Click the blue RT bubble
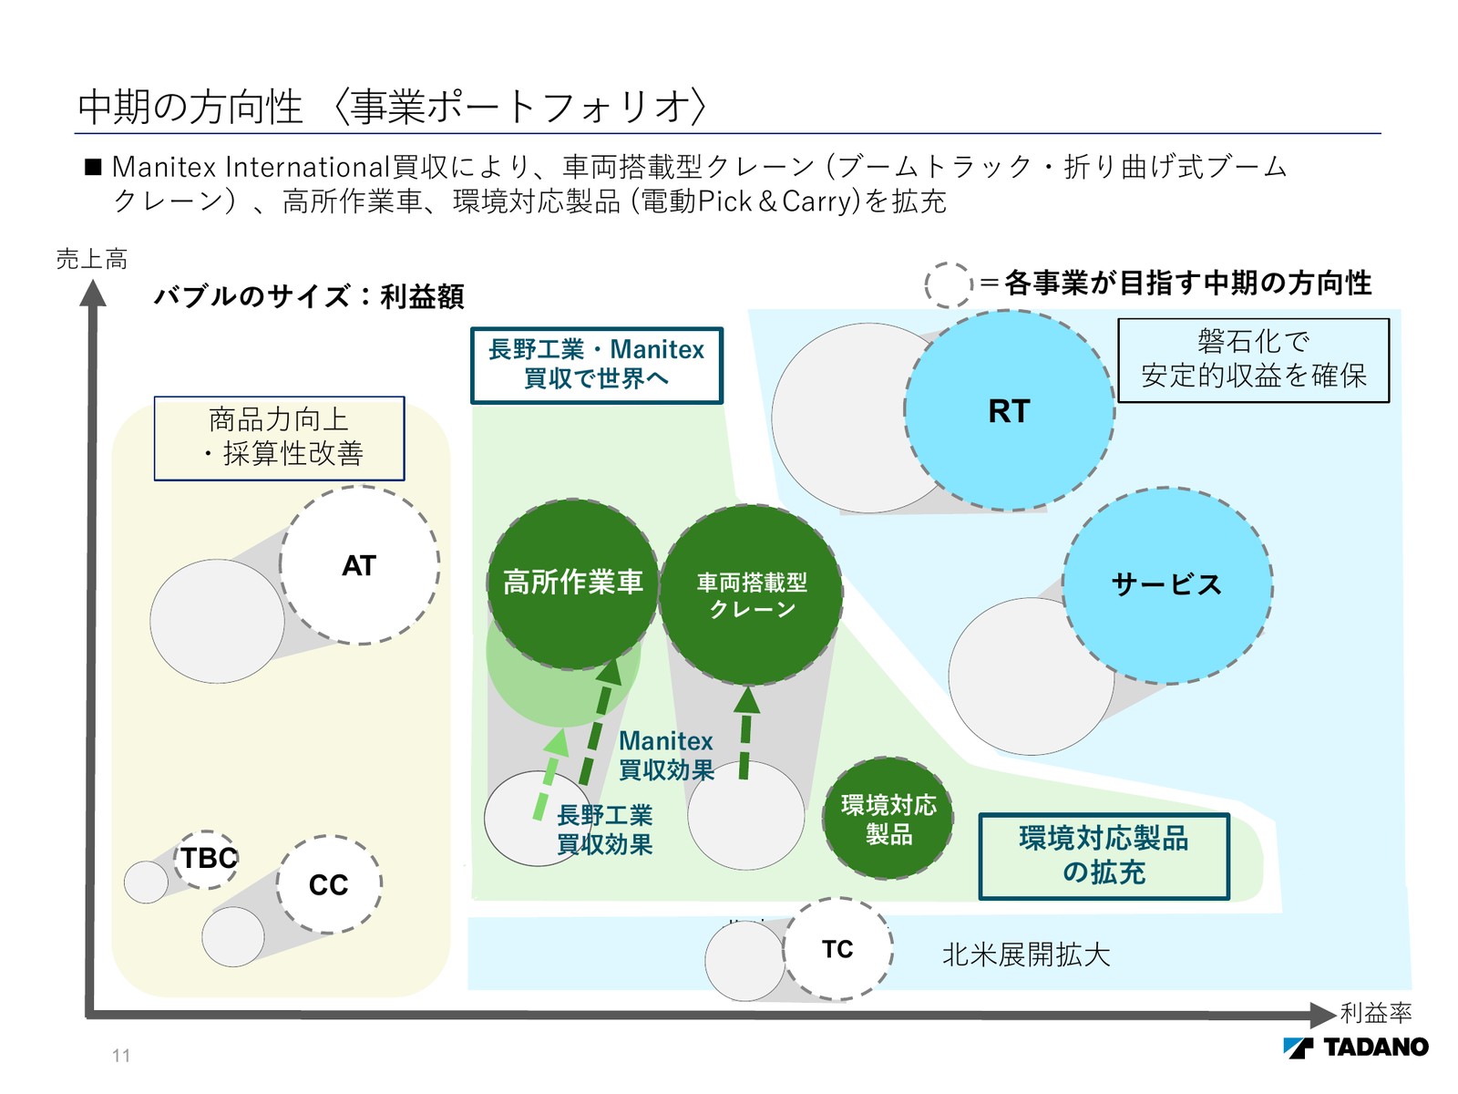click(x=1009, y=411)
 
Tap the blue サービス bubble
click(x=1167, y=585)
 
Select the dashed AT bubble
click(x=359, y=566)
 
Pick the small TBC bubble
click(x=207, y=859)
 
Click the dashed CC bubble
click(x=329, y=884)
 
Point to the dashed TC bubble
click(x=837, y=949)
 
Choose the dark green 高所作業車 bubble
click(x=573, y=583)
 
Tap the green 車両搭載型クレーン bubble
click(x=751, y=594)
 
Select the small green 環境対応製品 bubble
click(x=888, y=819)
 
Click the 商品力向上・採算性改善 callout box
click(x=279, y=438)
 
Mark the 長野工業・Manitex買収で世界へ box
click(x=596, y=365)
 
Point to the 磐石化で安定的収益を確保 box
click(x=1253, y=360)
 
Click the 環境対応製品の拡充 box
click(x=1104, y=856)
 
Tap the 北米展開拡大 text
click(x=1026, y=955)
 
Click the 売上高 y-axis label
click(x=91, y=260)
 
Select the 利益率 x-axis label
click(x=1376, y=1013)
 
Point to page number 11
click(x=121, y=1056)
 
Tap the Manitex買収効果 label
click(x=666, y=756)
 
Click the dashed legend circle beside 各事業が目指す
click(x=949, y=284)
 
